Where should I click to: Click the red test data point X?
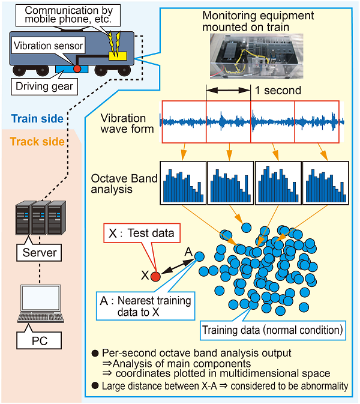(x=155, y=276)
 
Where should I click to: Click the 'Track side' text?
(x=36, y=142)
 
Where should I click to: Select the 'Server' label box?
(x=39, y=253)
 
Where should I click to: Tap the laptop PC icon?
(x=40, y=304)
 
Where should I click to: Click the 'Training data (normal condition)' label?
(x=272, y=330)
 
